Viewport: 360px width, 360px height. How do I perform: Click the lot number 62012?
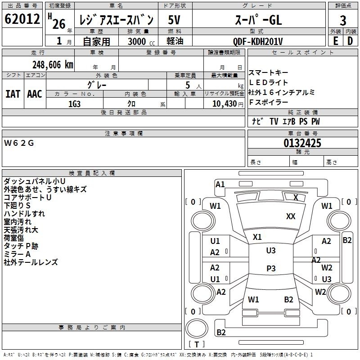[x=21, y=20]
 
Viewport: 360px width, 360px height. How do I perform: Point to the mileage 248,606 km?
[x=52, y=65]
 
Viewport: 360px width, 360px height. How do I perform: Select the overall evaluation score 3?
[x=343, y=21]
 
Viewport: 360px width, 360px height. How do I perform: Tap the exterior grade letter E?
[x=335, y=40]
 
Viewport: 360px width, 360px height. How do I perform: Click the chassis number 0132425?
[x=302, y=143]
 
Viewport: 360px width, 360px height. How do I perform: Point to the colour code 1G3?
[x=74, y=103]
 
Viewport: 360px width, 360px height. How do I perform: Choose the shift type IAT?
[x=13, y=94]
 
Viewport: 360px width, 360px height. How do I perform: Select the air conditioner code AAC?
[x=35, y=94]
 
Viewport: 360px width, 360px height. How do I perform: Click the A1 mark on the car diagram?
[x=220, y=184]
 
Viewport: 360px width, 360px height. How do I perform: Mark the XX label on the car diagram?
[x=291, y=216]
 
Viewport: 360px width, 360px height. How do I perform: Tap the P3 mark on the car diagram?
[x=271, y=268]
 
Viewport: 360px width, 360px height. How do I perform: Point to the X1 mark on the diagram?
[x=257, y=237]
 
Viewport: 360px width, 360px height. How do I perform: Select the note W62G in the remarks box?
[x=19, y=143]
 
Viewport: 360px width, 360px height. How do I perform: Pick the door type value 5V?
[x=175, y=20]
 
